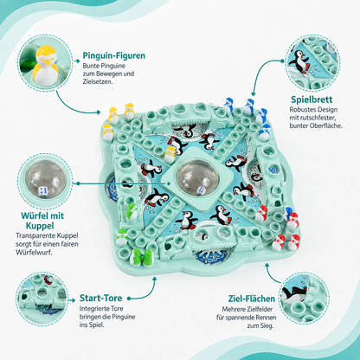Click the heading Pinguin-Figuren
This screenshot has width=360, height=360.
pyautogui.click(x=114, y=55)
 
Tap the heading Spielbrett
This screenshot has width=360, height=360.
pyautogui.click(x=312, y=100)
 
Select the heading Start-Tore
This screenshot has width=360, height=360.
pyautogui.click(x=100, y=298)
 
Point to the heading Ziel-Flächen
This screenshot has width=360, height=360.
pyautogui.click(x=252, y=299)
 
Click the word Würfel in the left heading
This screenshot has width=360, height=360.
pyautogui.click(x=35, y=215)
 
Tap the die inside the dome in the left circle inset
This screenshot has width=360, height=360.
pyautogui.click(x=42, y=190)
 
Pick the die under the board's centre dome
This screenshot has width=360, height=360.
pyautogui.click(x=201, y=190)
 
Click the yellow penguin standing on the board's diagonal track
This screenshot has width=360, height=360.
pyautogui.click(x=170, y=154)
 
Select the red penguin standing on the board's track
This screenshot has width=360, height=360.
pyautogui.click(x=261, y=214)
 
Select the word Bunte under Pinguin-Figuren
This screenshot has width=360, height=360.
pyautogui.click(x=91, y=66)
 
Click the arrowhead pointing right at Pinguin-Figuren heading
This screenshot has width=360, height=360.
pyautogui.click(x=77, y=61)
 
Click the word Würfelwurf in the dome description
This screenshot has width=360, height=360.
pyautogui.click(x=34, y=253)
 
